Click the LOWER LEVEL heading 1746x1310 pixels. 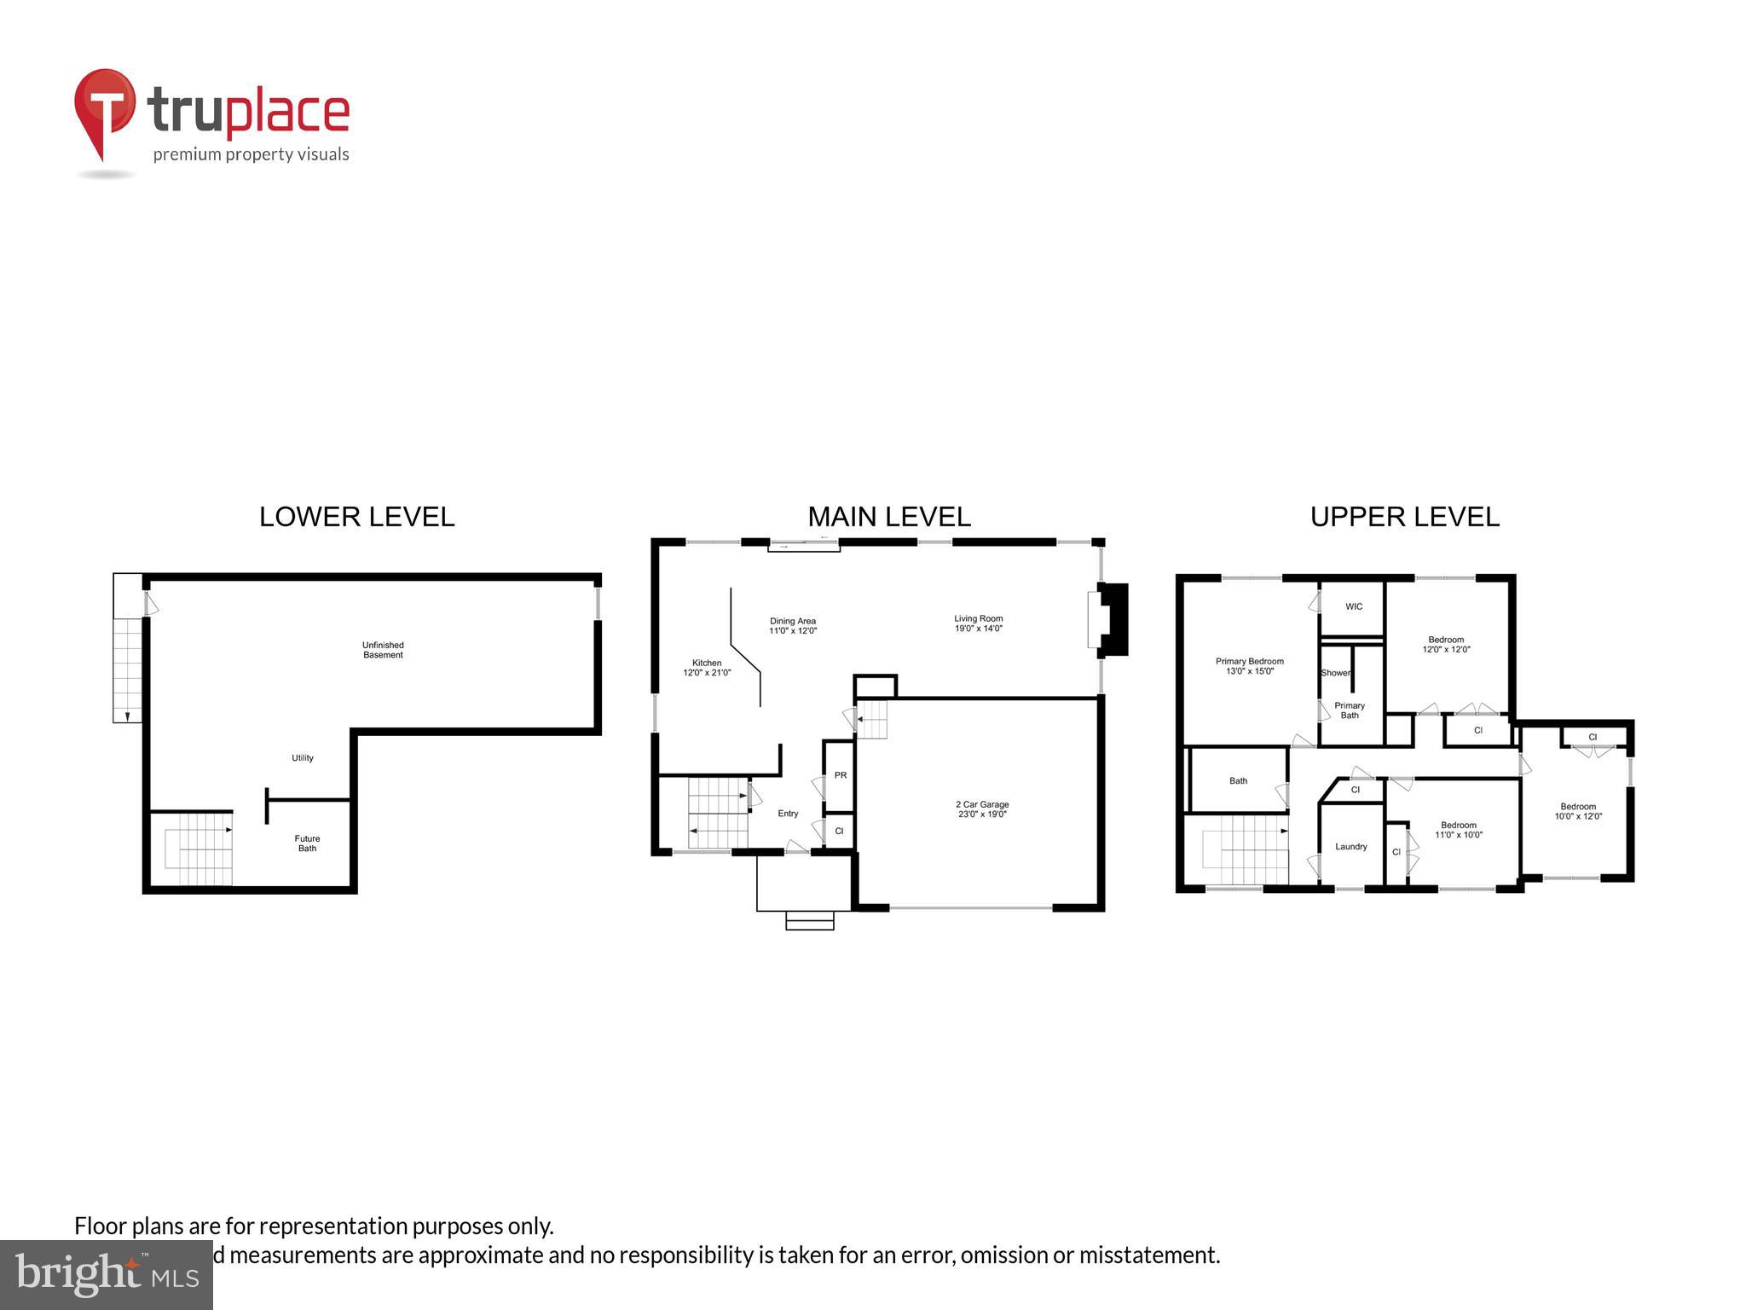click(x=356, y=517)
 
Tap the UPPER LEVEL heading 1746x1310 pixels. click(x=1404, y=517)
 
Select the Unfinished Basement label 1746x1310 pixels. click(x=383, y=650)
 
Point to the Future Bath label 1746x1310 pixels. click(x=307, y=843)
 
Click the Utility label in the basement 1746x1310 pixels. click(x=303, y=758)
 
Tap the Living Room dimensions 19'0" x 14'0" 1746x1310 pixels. click(x=978, y=629)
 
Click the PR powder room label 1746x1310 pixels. click(x=841, y=775)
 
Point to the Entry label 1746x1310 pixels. click(x=788, y=814)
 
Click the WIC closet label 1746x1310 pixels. click(x=1354, y=607)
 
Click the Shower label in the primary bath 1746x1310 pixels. click(x=1335, y=673)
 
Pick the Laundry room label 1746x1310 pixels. click(x=1350, y=847)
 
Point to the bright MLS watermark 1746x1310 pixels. click(x=107, y=1273)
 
